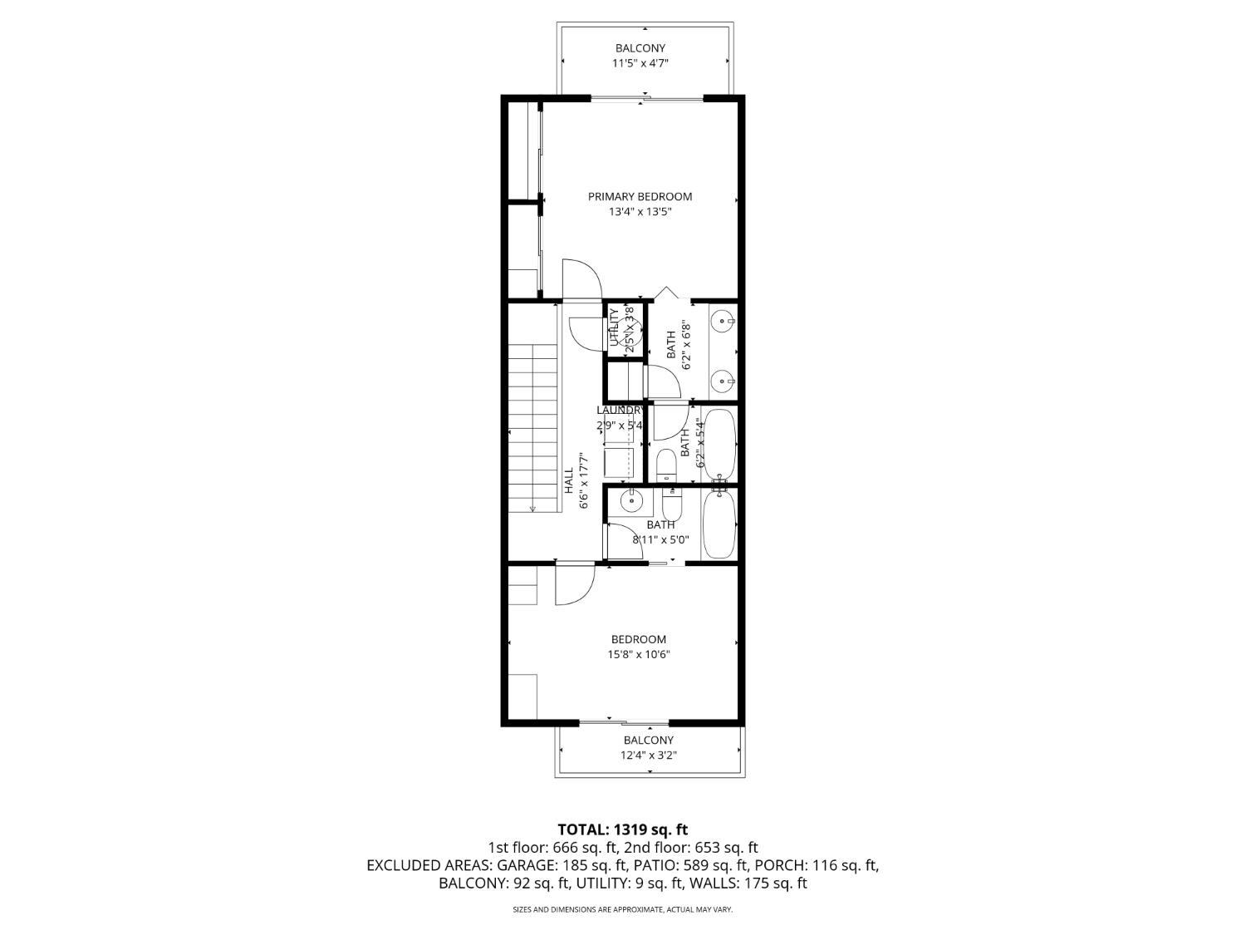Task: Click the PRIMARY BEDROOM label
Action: coord(640,197)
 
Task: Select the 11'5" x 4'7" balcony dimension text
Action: coord(640,63)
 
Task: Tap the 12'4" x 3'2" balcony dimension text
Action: coord(648,755)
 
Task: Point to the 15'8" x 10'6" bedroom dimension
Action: coord(638,654)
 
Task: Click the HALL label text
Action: coord(569,481)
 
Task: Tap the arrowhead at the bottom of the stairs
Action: coord(532,509)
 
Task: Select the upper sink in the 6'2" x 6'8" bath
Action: coord(723,320)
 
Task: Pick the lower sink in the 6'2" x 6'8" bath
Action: coord(723,382)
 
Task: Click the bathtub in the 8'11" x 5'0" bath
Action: coord(719,524)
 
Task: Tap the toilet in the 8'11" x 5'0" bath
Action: coord(672,503)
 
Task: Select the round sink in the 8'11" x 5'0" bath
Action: coord(632,500)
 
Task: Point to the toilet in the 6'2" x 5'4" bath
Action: coord(667,465)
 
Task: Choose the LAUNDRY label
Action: coord(620,410)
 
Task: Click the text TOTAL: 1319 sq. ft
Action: coord(622,829)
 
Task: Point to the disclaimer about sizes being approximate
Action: coord(622,910)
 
